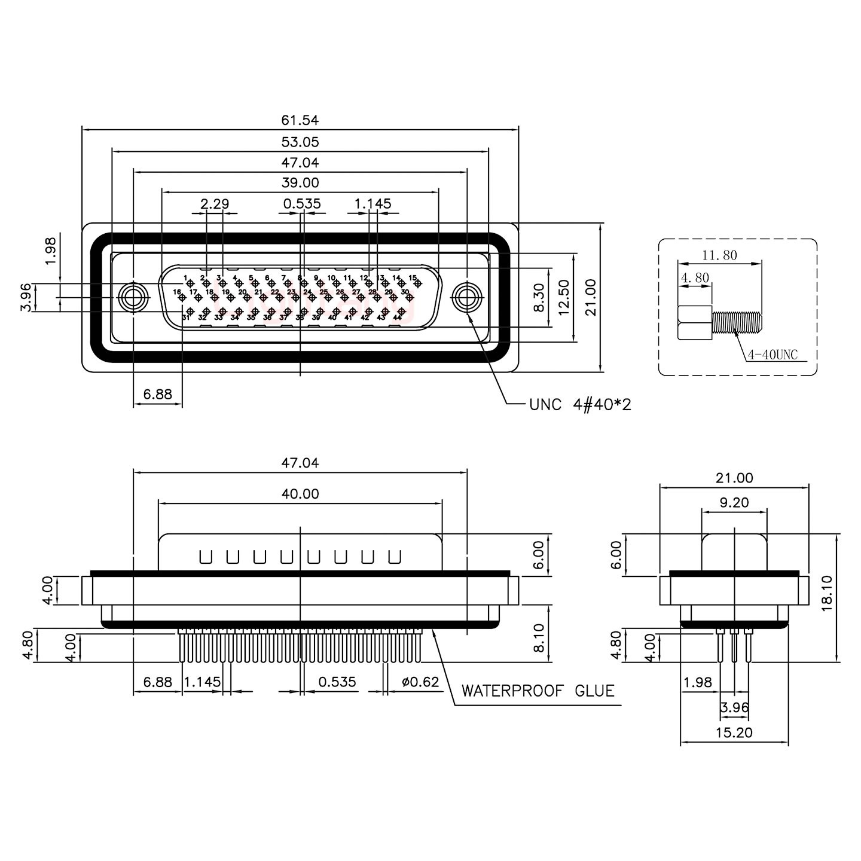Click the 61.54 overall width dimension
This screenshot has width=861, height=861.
coord(300,120)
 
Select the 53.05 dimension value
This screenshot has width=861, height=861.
coord(300,142)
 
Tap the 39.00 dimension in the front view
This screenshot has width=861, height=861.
coord(300,182)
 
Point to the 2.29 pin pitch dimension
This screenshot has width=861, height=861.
coord(215,204)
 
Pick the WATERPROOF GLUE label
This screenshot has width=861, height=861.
coord(538,691)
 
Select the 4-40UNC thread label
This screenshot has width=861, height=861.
coord(773,355)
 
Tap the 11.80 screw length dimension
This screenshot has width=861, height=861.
coord(719,255)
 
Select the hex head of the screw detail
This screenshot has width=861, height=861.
coord(694,323)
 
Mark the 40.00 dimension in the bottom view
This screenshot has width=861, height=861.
coord(300,494)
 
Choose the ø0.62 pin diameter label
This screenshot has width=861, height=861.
coord(420,682)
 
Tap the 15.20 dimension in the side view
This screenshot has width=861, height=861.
coord(734,732)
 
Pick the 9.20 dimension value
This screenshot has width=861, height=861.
coord(734,503)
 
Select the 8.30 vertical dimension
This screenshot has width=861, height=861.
coord(538,298)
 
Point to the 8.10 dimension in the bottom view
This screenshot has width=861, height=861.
coord(538,639)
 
